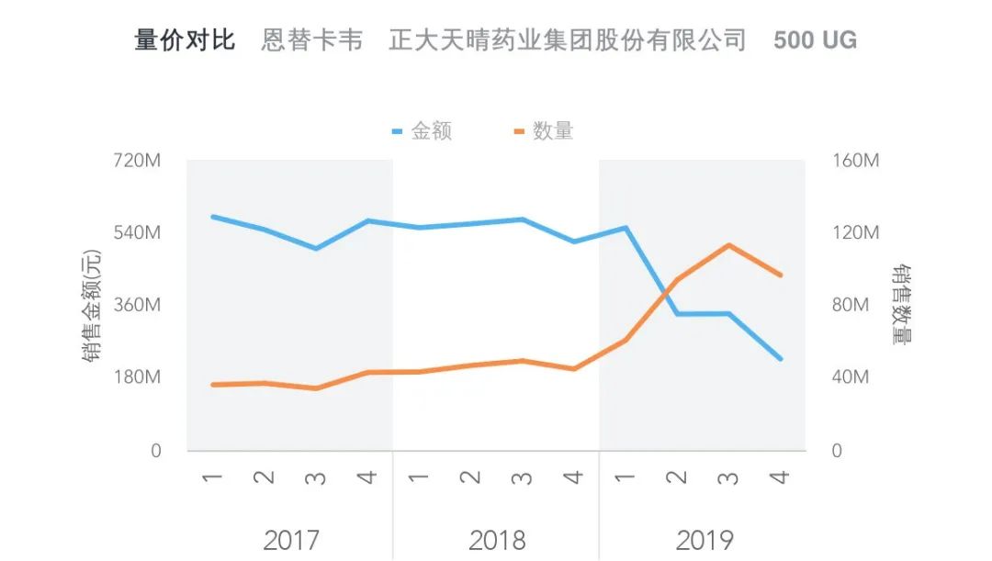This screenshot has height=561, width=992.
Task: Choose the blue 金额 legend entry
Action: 422,131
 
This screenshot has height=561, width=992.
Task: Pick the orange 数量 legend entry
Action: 544,131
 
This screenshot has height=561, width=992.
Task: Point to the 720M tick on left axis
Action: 137,161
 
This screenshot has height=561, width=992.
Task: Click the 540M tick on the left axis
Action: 137,232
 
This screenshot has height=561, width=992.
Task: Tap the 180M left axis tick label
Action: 137,377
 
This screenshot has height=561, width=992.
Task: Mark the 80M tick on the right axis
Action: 851,305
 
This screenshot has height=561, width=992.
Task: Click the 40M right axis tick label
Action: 851,377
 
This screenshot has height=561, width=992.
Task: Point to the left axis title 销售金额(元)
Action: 92,306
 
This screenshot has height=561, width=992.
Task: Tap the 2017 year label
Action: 290,540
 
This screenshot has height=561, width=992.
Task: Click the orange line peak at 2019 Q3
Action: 728,245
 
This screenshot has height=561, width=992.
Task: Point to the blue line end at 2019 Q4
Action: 780,359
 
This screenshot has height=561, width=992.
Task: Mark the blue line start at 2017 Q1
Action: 213,217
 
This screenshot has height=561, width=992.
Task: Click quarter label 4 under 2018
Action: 573,477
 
